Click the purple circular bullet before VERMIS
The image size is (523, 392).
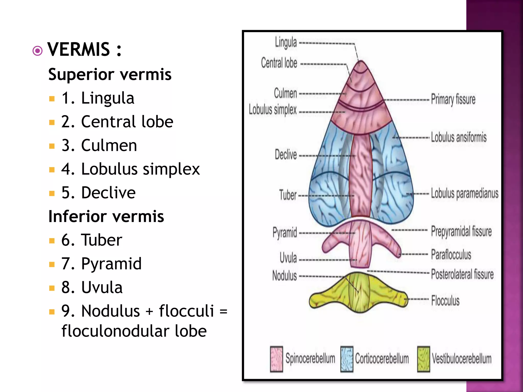[x=38, y=51]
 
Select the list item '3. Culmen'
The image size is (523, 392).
[x=99, y=145]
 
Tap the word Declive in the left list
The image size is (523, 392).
[x=108, y=193]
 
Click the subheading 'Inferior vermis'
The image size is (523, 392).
[x=106, y=216]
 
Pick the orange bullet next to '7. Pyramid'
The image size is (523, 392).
[x=52, y=264]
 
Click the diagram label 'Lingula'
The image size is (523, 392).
[x=286, y=42]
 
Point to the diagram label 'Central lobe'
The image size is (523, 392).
[x=279, y=63]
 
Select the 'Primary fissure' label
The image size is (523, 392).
[x=453, y=99]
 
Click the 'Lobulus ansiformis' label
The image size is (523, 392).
[x=459, y=137]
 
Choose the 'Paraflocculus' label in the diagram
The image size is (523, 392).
[x=451, y=255]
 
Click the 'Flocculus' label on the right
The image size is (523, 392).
[x=445, y=300]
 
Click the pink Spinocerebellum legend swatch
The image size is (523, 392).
[x=277, y=359]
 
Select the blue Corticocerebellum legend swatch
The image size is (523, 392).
[x=347, y=359]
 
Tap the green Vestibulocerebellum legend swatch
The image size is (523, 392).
[x=423, y=359]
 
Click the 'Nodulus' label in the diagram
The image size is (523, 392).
[x=284, y=276]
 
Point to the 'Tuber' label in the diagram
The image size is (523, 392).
[x=288, y=195]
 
